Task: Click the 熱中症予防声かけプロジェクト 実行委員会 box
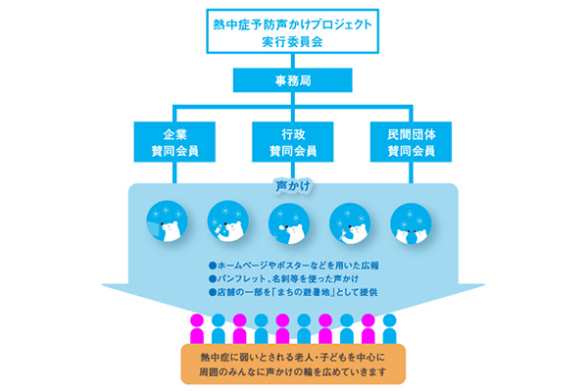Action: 294,29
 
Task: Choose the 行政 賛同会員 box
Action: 294,140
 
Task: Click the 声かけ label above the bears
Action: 293,183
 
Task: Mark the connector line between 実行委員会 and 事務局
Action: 294,61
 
